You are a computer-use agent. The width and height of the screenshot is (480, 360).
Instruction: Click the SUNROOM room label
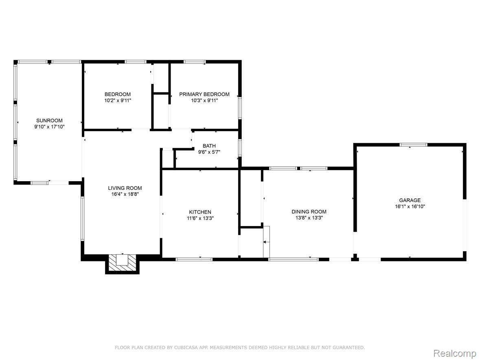tap(49, 121)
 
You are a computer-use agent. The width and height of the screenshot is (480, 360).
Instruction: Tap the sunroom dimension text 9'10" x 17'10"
tap(49, 127)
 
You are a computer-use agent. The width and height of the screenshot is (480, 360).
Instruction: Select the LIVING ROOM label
tap(125, 188)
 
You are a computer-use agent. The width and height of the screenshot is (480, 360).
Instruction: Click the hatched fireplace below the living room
tap(123, 263)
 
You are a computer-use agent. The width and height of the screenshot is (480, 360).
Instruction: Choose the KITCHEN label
tap(200, 212)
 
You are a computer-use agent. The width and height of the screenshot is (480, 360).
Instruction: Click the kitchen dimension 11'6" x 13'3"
tap(200, 218)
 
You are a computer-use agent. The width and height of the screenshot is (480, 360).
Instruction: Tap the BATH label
tap(209, 146)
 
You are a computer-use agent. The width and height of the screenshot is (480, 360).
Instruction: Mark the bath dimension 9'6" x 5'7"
tap(209, 152)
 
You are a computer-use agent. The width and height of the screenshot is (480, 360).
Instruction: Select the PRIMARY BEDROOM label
tap(204, 94)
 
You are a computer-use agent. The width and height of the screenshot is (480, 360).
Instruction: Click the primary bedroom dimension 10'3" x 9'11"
tap(204, 101)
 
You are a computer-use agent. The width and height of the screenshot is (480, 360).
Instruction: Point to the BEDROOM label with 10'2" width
tap(118, 94)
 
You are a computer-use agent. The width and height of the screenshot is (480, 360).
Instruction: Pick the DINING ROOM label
tap(309, 212)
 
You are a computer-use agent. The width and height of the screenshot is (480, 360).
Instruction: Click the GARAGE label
tap(410, 200)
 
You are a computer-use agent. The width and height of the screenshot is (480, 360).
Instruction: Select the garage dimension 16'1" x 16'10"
tap(410, 206)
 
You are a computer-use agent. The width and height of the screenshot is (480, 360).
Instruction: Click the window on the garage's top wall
tap(414, 145)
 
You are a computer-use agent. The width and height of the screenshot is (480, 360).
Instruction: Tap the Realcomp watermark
tap(454, 353)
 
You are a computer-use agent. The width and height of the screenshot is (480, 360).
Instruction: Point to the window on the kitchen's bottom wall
tap(194, 259)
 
